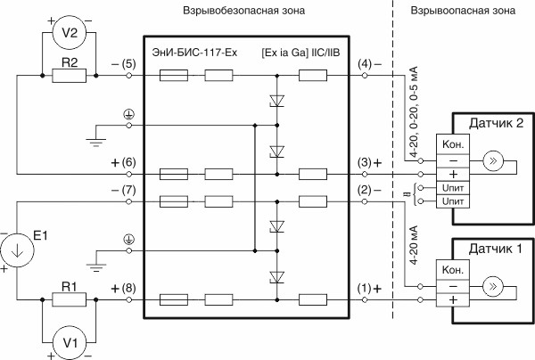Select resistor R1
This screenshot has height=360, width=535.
[69, 300]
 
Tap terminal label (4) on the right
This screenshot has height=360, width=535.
[368, 65]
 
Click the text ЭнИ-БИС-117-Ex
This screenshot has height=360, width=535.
[195, 54]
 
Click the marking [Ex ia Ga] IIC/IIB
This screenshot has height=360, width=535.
[301, 54]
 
